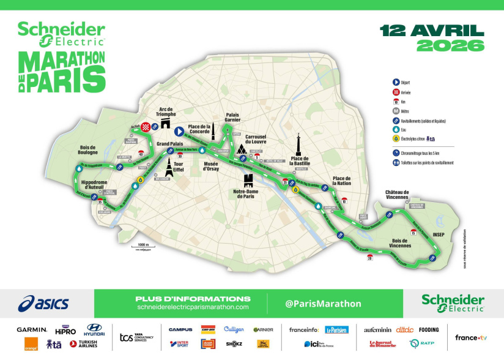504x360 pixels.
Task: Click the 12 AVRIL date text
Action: (x=432, y=30)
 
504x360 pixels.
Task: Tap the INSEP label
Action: (x=439, y=234)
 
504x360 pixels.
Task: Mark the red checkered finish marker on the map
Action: (x=146, y=127)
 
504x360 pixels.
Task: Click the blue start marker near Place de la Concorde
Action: (x=179, y=130)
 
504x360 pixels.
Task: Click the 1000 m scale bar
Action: (x=141, y=247)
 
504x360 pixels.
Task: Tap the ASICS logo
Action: (x=43, y=303)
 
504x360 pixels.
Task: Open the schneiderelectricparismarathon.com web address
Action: (x=193, y=307)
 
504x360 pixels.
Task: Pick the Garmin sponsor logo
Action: (x=32, y=330)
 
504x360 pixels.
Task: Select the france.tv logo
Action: (x=470, y=337)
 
